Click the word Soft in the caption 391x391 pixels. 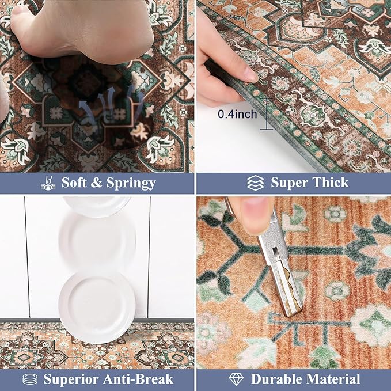click(74, 184)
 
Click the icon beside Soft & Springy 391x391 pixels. click(48, 184)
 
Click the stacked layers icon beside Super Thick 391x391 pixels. click(255, 183)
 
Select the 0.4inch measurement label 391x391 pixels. click(237, 115)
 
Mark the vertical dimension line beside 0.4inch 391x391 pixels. click(266, 114)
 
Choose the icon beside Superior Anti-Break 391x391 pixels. click(30, 379)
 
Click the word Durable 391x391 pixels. click(279, 379)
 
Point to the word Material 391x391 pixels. click(333, 379)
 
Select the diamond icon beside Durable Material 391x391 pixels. click(236, 379)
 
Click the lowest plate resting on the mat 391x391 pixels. click(96, 306)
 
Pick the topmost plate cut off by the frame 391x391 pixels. click(97, 204)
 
